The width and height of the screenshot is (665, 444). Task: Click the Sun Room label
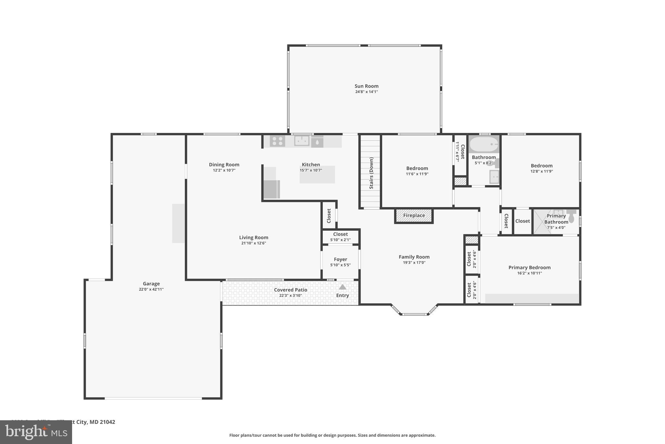point(366,86)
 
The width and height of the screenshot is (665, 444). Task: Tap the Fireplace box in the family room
point(414,216)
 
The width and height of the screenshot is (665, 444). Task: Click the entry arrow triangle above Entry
point(343,287)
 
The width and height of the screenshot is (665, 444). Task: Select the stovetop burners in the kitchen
point(277,141)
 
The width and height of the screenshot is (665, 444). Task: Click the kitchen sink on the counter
point(301,141)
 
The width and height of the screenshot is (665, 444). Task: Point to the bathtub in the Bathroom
point(483,144)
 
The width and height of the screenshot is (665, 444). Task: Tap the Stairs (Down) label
point(371,173)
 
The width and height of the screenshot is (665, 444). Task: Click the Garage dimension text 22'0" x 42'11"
point(151,289)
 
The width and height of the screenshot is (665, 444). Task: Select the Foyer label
point(340,259)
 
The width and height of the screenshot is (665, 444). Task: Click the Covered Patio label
point(290,290)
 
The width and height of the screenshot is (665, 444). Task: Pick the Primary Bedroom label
point(529,267)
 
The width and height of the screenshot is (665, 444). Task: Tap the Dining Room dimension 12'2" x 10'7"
point(224,170)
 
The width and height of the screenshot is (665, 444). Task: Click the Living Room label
point(254,237)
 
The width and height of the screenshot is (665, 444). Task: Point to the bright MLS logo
point(36,432)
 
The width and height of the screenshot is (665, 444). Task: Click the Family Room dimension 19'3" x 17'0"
point(414,263)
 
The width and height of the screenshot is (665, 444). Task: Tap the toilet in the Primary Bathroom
point(571,216)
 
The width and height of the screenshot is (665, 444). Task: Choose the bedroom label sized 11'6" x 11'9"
point(417,168)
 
